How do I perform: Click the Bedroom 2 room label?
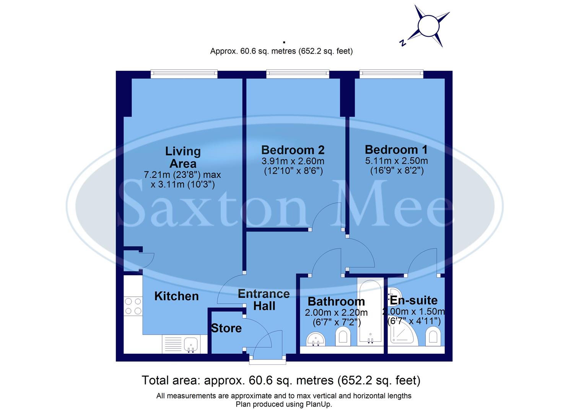click(x=293, y=150)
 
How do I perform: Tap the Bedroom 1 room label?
click(x=396, y=150)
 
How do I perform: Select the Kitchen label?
click(x=176, y=296)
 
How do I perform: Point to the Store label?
click(x=226, y=328)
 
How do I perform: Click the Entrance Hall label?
click(x=264, y=300)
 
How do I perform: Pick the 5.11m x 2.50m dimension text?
click(x=396, y=161)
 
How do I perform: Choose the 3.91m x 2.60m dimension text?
click(x=293, y=161)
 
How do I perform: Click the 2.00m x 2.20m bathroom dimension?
click(x=336, y=312)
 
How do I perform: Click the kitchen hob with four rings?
click(x=133, y=306)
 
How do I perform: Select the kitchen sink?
click(x=190, y=344)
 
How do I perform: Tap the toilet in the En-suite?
click(x=433, y=337)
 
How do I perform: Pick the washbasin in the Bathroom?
click(x=316, y=339)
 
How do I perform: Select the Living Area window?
click(x=184, y=74)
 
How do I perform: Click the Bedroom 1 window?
click(x=391, y=74)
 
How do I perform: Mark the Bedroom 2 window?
click(x=298, y=74)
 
